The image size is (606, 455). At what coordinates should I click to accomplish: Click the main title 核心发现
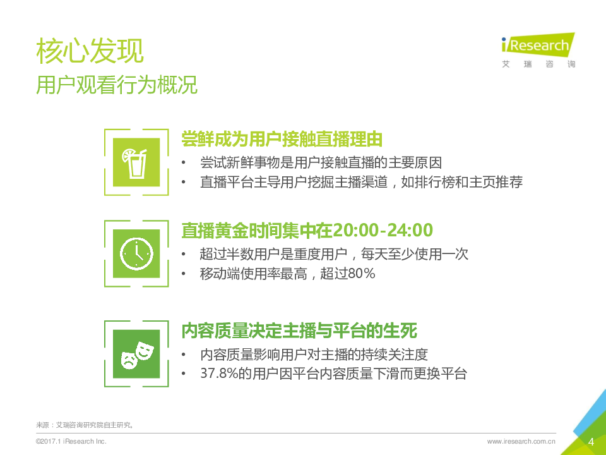pos(90,51)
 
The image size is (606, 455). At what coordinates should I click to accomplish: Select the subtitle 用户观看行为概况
pos(117,85)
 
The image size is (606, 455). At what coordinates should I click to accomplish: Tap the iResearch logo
pos(538,45)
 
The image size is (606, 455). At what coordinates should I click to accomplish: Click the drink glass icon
pos(135,163)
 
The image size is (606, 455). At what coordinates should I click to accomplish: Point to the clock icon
pos(136,254)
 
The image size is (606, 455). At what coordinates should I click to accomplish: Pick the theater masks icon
pos(137,354)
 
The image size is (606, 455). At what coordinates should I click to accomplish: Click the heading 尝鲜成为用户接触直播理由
pos(282,139)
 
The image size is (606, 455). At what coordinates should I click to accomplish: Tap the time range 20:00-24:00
pos(383,230)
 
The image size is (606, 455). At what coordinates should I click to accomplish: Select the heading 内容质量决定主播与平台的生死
pos(299,331)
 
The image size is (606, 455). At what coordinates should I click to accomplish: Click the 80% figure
pos(361,274)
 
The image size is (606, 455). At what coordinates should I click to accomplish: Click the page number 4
pos(591,442)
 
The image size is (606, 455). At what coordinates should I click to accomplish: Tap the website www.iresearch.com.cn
pos(521,441)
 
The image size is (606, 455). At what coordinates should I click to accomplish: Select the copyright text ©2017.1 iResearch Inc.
pos(71,441)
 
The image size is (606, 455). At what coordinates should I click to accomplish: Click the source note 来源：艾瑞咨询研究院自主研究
pos(85,425)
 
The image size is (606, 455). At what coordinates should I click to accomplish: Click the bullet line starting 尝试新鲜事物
pos(321,162)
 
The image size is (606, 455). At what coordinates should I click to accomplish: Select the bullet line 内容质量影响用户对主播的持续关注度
pos(314,354)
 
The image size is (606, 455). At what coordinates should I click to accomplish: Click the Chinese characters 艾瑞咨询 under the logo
pos(538,64)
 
